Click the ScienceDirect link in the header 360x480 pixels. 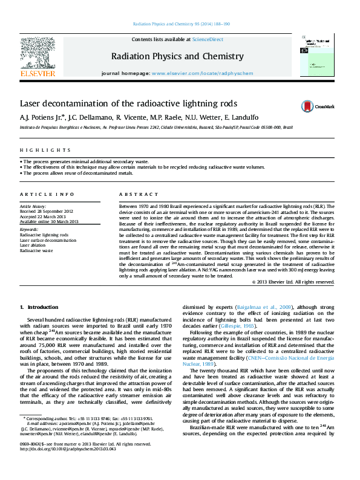[208, 39]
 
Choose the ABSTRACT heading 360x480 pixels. [134, 194]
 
